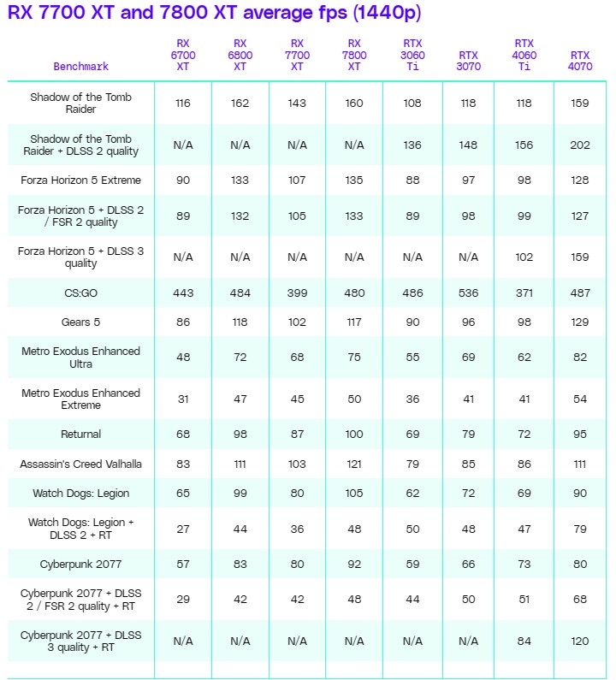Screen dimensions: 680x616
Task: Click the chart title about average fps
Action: click(214, 13)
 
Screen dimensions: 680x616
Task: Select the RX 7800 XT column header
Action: click(354, 54)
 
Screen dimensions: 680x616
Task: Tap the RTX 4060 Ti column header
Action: click(524, 54)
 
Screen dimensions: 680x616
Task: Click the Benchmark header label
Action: click(81, 66)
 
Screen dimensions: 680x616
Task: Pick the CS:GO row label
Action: click(81, 293)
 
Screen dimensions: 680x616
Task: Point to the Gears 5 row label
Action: click(81, 322)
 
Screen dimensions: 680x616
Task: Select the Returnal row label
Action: click(81, 435)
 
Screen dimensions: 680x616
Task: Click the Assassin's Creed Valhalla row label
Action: click(81, 464)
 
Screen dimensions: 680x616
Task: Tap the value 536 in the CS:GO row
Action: click(468, 293)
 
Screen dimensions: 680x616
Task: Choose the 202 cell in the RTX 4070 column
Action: click(580, 145)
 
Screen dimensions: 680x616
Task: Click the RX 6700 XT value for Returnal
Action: click(183, 435)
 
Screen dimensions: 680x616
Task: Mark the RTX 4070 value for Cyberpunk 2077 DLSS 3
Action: click(580, 641)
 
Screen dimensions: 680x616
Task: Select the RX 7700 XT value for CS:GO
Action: click(297, 293)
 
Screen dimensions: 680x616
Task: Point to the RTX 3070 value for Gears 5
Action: click(468, 322)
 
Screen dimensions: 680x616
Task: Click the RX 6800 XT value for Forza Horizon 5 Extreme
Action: click(240, 180)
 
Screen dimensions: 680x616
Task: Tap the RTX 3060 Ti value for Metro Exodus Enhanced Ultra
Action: click(412, 358)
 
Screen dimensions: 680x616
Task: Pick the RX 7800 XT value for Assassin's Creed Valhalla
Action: click(354, 464)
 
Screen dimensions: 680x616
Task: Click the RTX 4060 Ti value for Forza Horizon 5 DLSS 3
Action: click(524, 257)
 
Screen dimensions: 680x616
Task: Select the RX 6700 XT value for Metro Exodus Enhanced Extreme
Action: click(183, 399)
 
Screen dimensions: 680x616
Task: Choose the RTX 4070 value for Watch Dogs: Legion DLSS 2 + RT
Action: click(580, 529)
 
